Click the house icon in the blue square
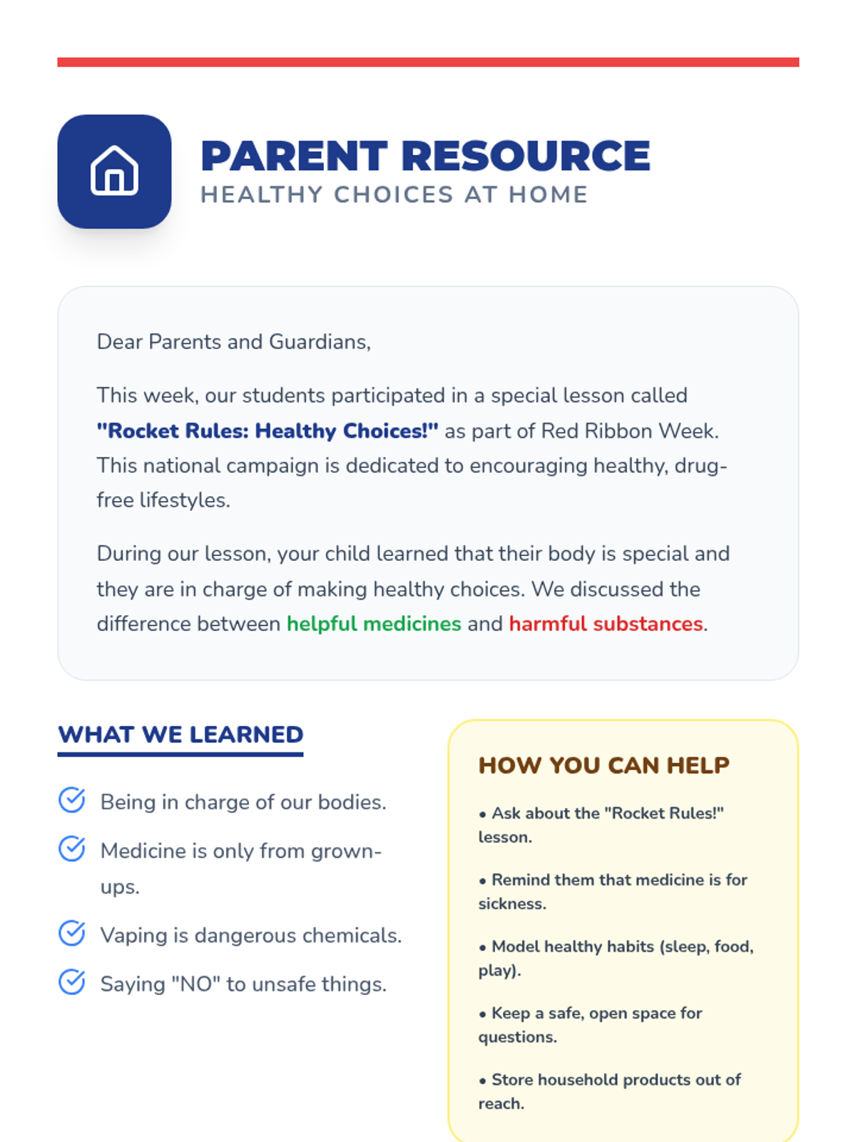(114, 171)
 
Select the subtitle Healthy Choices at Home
(394, 195)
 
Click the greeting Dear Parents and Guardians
(233, 342)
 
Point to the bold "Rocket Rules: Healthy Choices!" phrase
(267, 431)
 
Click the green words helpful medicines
(374, 624)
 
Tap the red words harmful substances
(606, 624)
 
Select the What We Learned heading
(180, 734)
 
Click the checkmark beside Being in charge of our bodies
(72, 800)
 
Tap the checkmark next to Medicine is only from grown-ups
(72, 849)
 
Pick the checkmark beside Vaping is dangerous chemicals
(72, 933)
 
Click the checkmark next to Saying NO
(72, 982)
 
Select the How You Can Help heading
(603, 765)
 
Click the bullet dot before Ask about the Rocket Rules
(483, 814)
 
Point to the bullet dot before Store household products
(483, 1081)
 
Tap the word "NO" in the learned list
(195, 984)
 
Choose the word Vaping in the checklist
(133, 936)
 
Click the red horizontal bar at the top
(428, 62)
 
